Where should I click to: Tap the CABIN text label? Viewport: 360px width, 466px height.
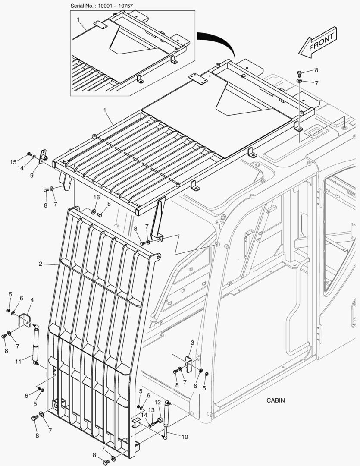[x=275, y=400]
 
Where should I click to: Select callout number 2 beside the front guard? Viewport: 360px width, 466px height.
[x=40, y=264]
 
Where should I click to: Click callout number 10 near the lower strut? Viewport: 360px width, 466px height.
[x=185, y=437]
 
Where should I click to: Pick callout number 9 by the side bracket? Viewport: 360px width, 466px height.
[x=31, y=175]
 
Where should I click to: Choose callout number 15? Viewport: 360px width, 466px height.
[x=13, y=162]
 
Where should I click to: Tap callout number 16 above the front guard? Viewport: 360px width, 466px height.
[x=97, y=197]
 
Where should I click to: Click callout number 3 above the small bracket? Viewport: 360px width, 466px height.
[x=192, y=342]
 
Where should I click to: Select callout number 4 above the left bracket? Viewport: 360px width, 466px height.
[x=32, y=300]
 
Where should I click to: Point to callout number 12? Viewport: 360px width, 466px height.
[x=158, y=402]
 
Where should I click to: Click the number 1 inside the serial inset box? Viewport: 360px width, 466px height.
[x=78, y=20]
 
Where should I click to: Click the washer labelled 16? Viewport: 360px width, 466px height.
[x=94, y=211]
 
